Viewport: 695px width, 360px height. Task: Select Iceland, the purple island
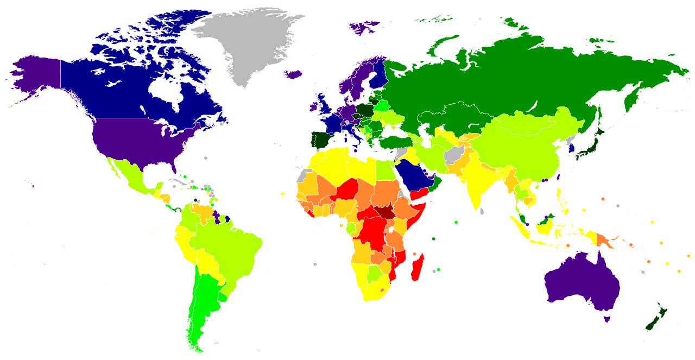[x=293, y=74]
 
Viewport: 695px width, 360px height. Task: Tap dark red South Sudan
[x=387, y=212]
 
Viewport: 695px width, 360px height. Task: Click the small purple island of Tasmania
[x=607, y=319]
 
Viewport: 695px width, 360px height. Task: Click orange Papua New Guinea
[x=604, y=239]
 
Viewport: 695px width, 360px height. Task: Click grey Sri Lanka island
[x=482, y=210]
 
